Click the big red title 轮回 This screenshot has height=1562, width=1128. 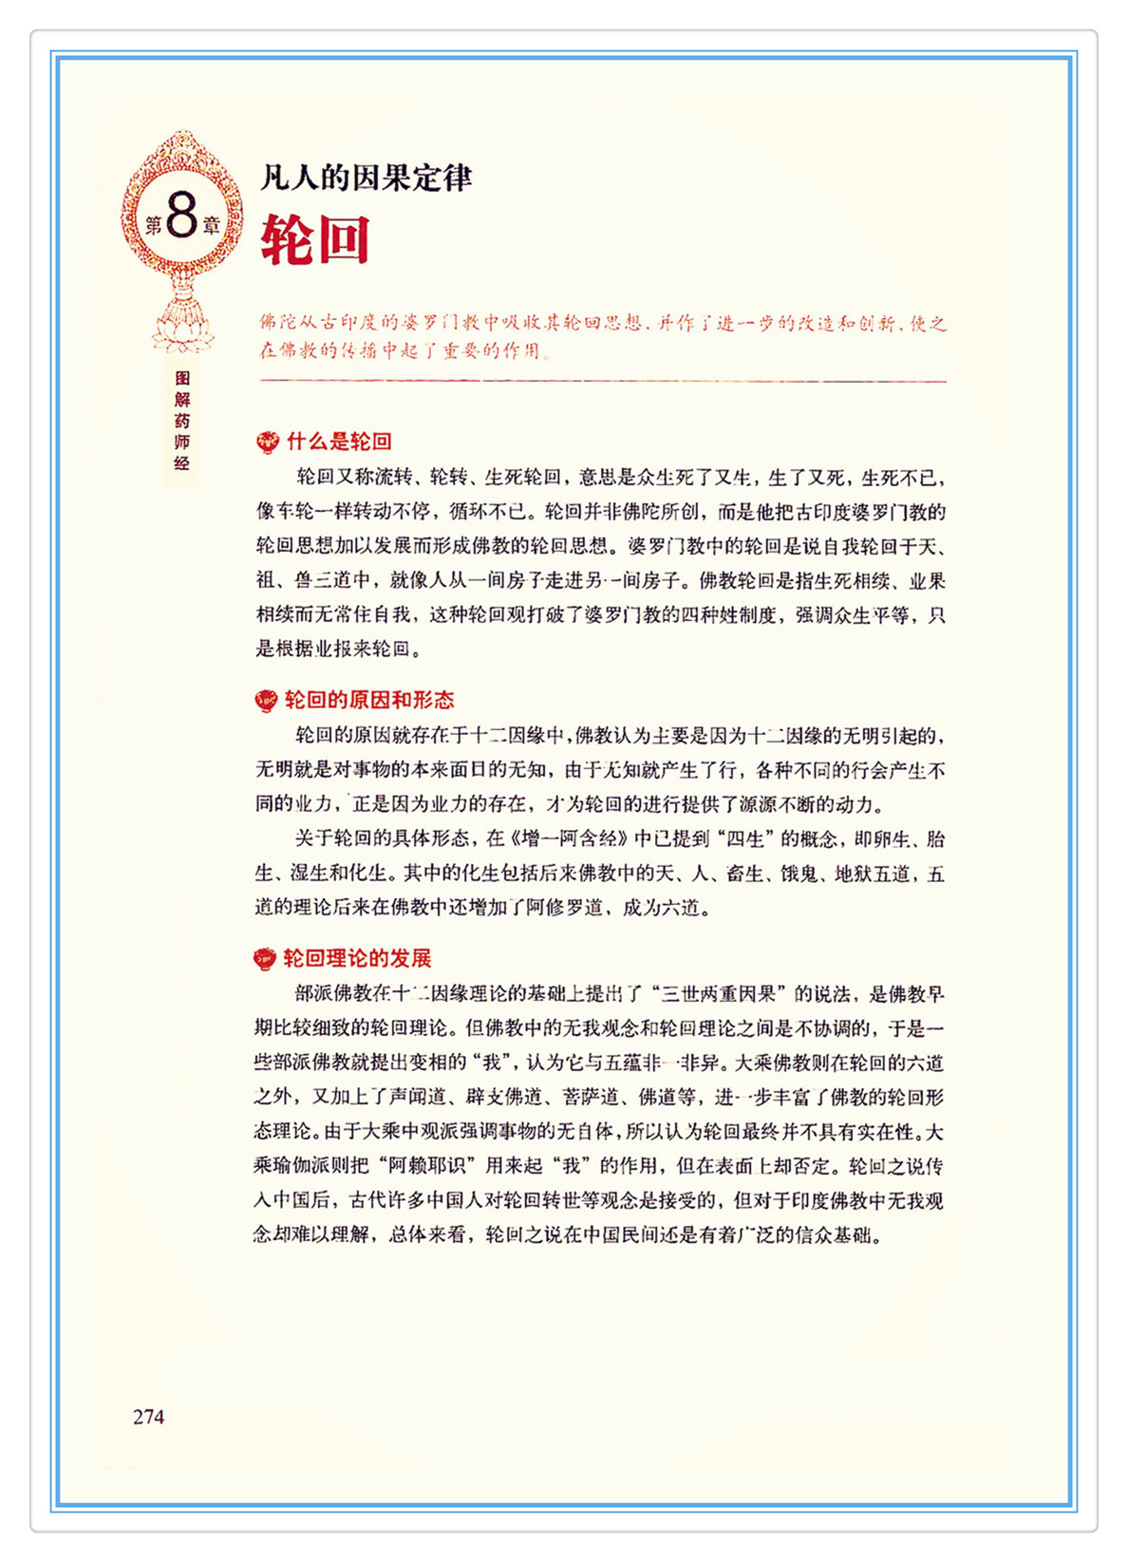[315, 239]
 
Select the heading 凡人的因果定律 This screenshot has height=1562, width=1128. [366, 178]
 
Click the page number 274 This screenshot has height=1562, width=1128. [149, 1417]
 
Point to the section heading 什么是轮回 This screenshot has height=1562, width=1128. [339, 442]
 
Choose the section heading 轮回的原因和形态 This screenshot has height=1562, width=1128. [369, 701]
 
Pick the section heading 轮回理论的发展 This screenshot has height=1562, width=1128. [358, 959]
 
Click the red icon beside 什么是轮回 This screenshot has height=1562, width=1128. [268, 442]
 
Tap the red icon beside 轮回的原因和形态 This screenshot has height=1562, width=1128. [267, 702]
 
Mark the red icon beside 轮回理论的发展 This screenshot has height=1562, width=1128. [265, 959]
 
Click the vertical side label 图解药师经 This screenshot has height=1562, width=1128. [182, 421]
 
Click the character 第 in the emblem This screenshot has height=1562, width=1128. [153, 226]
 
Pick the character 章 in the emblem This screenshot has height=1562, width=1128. [211, 226]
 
